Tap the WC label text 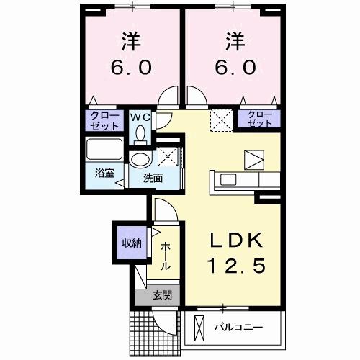click(x=140, y=116)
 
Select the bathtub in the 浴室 click(x=106, y=152)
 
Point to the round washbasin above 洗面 click(x=140, y=159)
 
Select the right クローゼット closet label click(x=260, y=120)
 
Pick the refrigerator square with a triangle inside click(x=254, y=158)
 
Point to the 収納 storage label click(x=130, y=242)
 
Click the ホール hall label click(x=166, y=256)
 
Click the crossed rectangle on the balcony click(x=197, y=328)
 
